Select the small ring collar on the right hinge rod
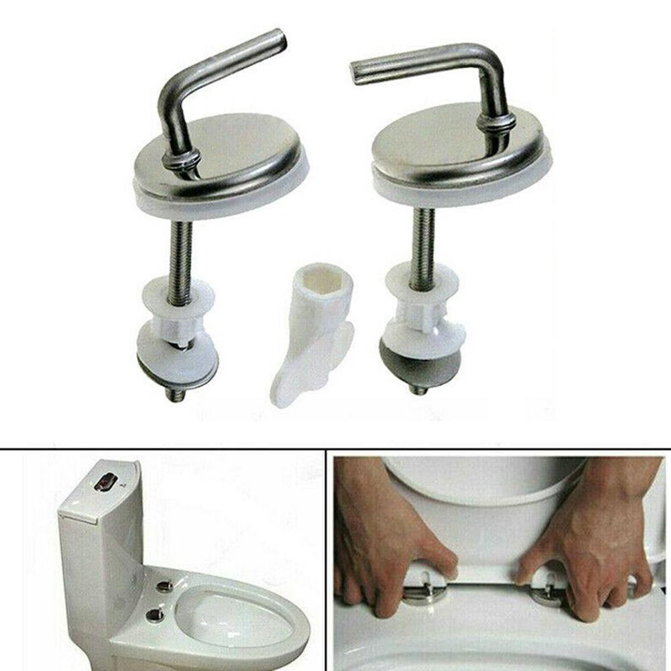pyautogui.click(x=497, y=123)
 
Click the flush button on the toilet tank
pyautogui.click(x=107, y=482)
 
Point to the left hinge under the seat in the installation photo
pyautogui.click(x=422, y=590)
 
